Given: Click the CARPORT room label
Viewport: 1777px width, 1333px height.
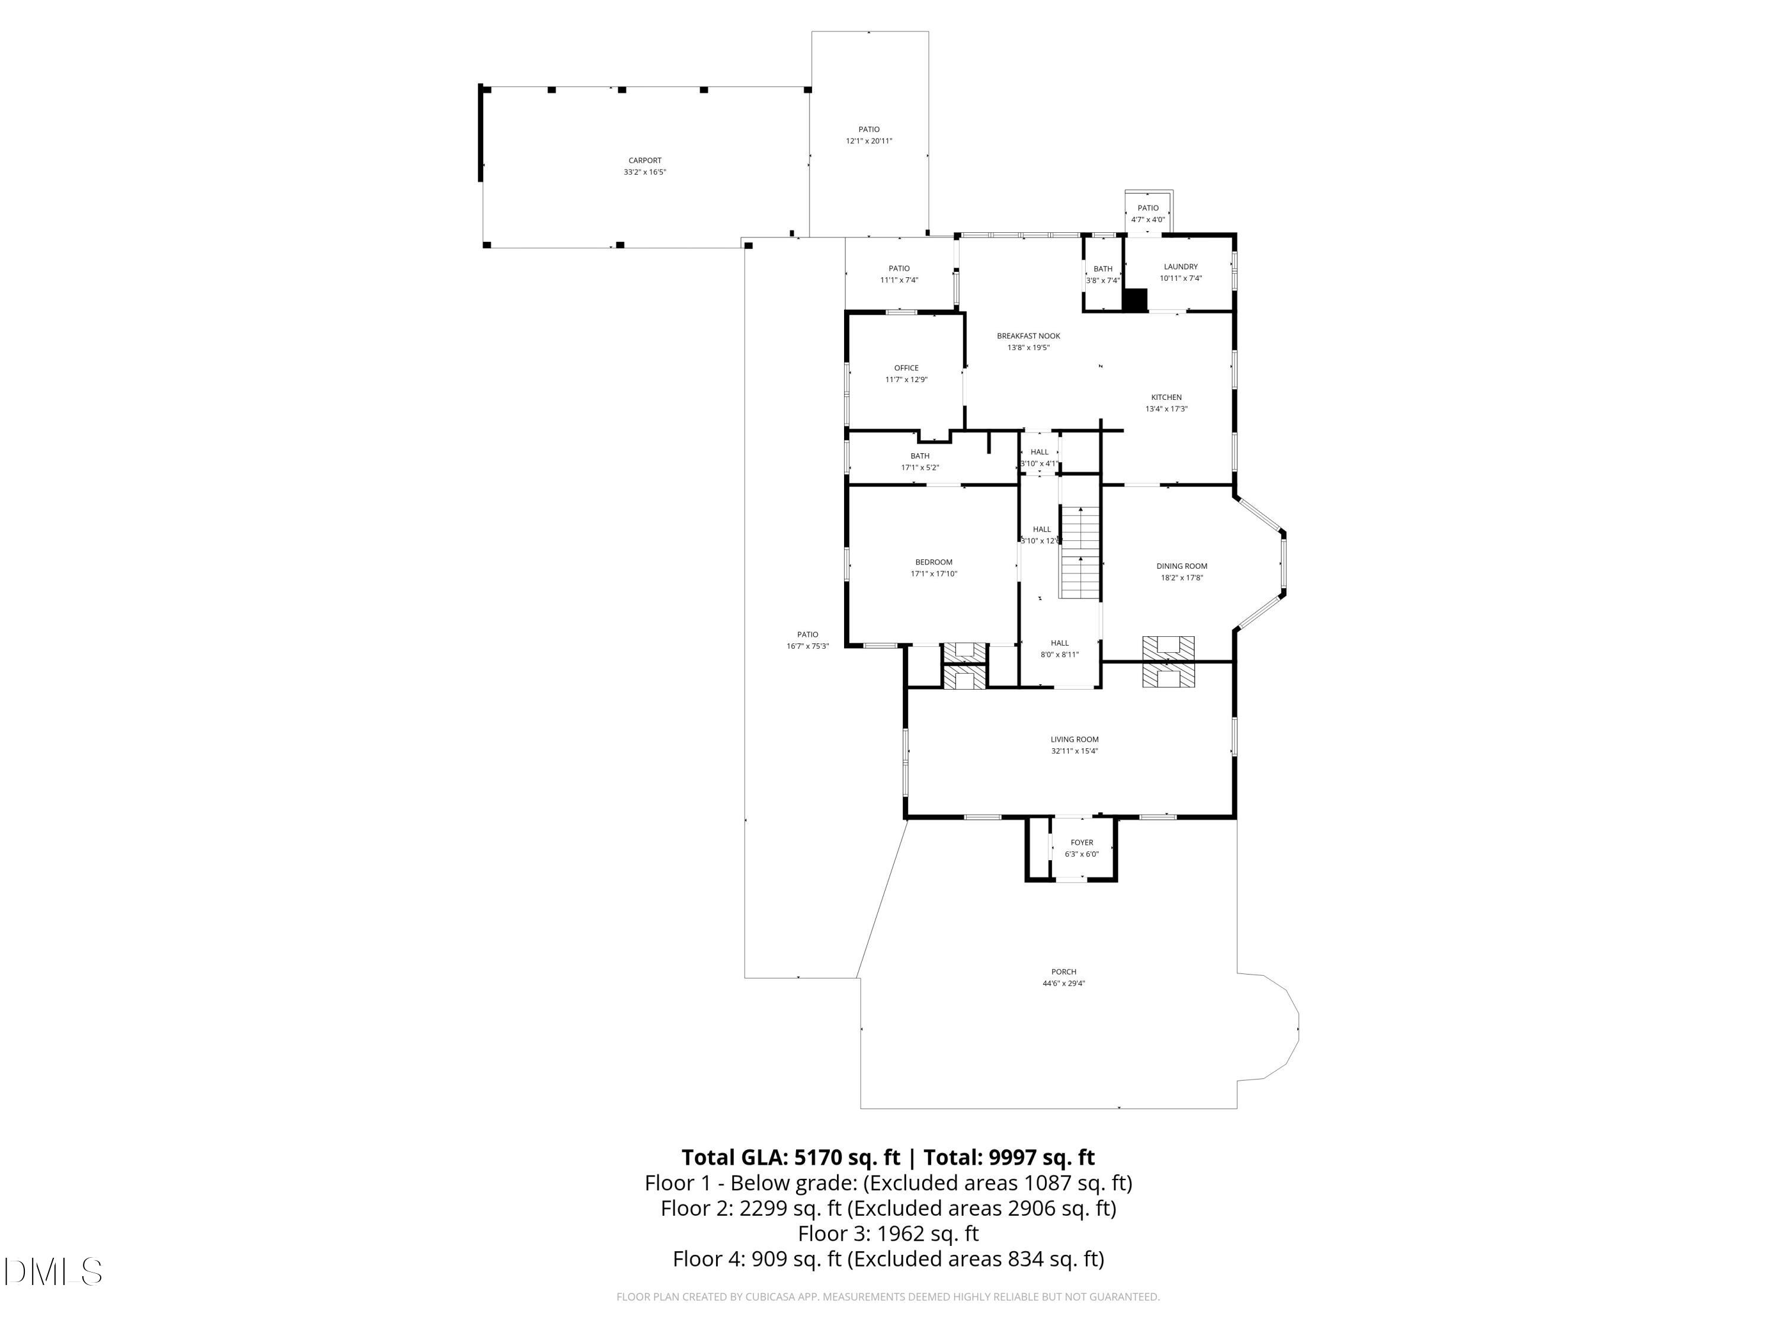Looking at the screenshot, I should [644, 161].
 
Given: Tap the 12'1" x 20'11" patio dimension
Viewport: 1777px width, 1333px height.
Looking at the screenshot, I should [868, 140].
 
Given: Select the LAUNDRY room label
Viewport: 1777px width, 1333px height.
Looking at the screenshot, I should [1180, 267].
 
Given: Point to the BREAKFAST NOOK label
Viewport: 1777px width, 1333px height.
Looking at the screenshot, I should [1028, 336].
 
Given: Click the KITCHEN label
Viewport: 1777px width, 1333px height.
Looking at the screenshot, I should [1166, 397].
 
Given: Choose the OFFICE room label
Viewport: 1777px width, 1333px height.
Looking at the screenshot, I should [906, 368].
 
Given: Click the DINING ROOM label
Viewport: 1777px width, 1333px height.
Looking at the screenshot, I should [1182, 566].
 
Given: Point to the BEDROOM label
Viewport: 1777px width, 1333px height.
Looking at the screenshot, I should [934, 562].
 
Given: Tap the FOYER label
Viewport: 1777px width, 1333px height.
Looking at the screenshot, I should [1081, 842].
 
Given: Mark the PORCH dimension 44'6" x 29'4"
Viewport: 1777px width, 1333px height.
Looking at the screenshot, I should [1064, 983].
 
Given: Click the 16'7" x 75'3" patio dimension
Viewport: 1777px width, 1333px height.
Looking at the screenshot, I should [807, 646].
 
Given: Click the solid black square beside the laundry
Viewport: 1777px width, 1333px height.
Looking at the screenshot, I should [1134, 300].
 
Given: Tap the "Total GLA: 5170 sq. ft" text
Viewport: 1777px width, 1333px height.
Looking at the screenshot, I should [791, 1157].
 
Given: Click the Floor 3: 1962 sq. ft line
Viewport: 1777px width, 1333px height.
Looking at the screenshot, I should [888, 1232].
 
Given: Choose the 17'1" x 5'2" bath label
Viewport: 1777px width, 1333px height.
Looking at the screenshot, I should [920, 467].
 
